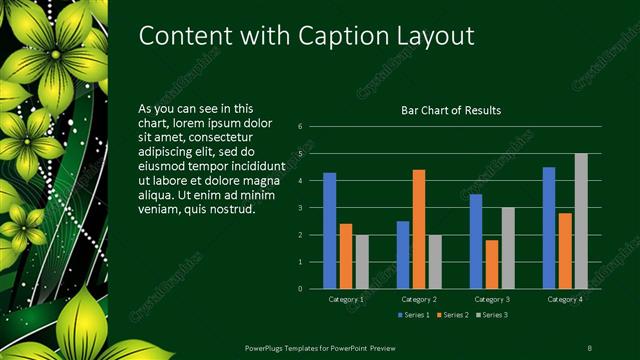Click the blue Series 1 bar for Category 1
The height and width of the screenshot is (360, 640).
[330, 231]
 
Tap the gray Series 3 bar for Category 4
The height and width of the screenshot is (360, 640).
[581, 221]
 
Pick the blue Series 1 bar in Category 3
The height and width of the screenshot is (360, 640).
[476, 241]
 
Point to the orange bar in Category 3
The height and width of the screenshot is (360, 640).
[492, 264]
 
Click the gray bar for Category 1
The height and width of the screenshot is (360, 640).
[362, 262]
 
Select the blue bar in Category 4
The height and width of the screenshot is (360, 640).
[549, 228]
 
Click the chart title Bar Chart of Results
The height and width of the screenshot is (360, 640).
[451, 110]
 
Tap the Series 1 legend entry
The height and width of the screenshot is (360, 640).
[414, 316]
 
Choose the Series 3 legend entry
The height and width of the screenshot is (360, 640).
[492, 316]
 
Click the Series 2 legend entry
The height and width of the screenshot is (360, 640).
[453, 316]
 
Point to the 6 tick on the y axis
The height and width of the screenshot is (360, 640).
[300, 127]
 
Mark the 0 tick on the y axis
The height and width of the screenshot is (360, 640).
[300, 289]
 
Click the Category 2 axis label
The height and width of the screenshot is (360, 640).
[418, 299]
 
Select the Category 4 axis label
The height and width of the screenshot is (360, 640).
[565, 299]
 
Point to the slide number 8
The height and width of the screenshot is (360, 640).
[589, 347]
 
